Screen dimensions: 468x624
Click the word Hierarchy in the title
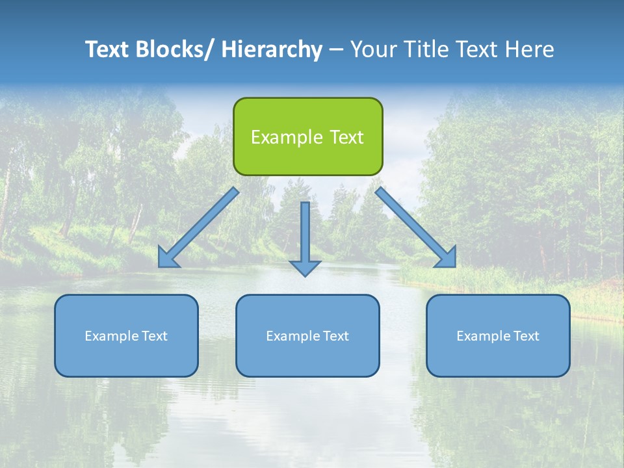271,49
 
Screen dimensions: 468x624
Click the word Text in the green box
346,137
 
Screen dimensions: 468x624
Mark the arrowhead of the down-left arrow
168,259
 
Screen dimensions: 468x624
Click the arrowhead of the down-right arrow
447,258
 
